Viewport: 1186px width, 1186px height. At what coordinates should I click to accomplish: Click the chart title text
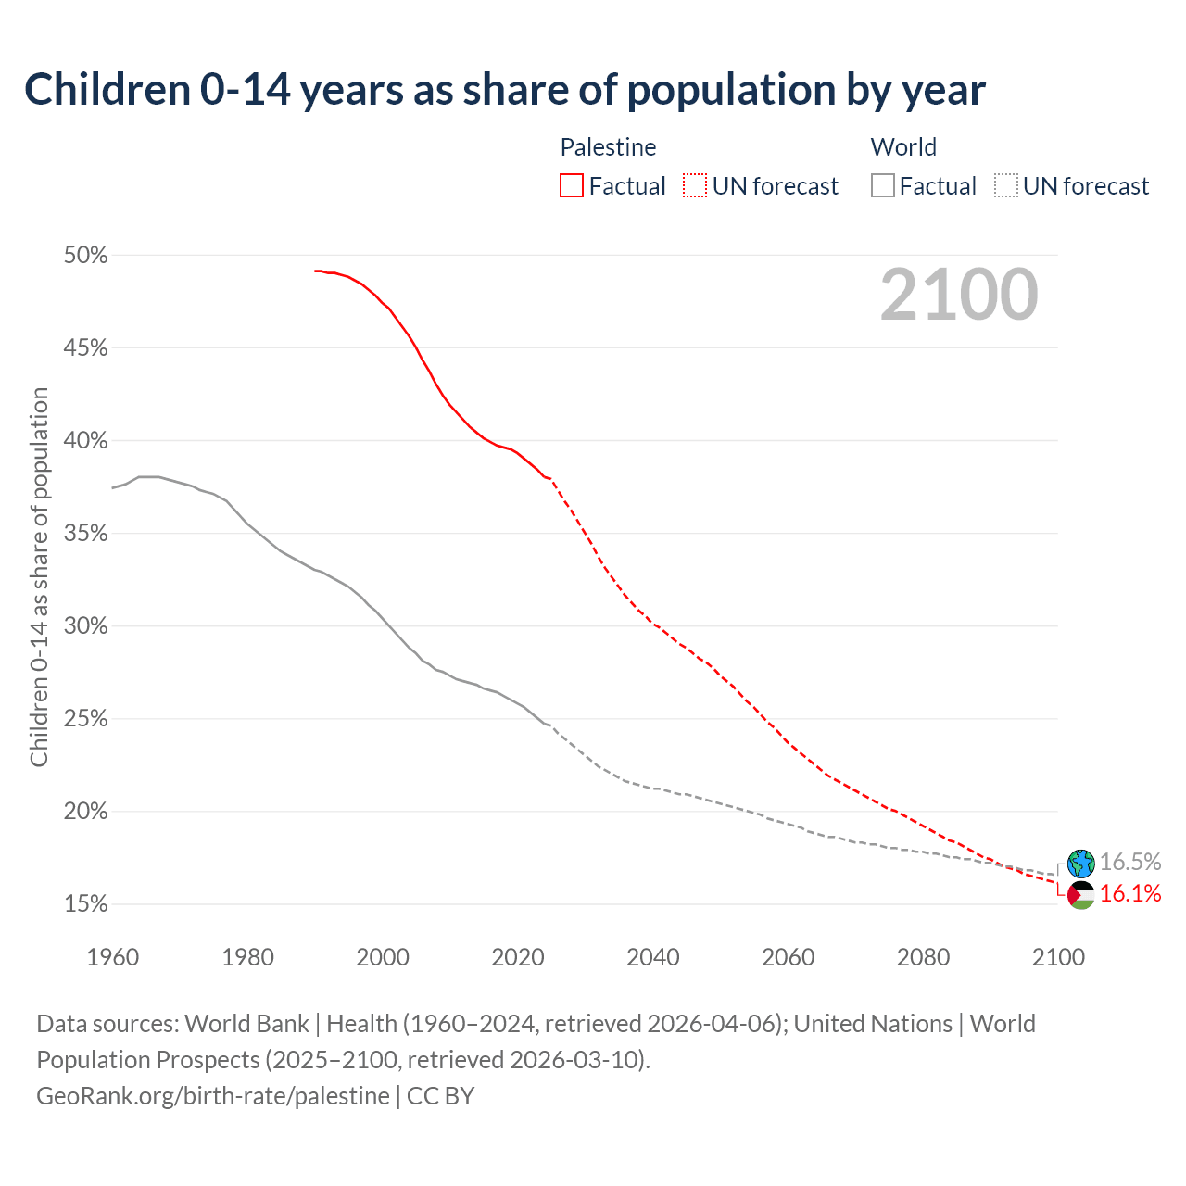[x=505, y=90]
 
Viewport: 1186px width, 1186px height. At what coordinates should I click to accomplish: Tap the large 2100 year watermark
[x=959, y=295]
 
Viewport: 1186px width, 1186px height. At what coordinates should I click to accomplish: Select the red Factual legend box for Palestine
[x=572, y=186]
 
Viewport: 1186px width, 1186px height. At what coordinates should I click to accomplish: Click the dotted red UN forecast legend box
[x=695, y=186]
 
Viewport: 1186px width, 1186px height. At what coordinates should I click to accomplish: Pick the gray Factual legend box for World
[x=883, y=186]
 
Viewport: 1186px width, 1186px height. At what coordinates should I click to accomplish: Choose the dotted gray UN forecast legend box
[x=1006, y=186]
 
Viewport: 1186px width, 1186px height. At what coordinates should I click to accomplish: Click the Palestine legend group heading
[x=608, y=147]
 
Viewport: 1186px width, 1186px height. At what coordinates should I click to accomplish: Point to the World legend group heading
[x=903, y=147]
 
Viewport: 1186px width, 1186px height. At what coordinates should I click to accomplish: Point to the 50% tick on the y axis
[x=86, y=255]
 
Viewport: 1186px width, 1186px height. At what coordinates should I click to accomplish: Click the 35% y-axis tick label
[x=86, y=534]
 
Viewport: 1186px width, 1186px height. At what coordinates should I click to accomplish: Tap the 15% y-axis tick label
[x=86, y=904]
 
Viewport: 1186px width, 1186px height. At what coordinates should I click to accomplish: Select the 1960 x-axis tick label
[x=113, y=957]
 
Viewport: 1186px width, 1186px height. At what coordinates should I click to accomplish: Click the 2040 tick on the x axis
[x=653, y=957]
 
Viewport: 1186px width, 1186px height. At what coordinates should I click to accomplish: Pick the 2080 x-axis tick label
[x=923, y=957]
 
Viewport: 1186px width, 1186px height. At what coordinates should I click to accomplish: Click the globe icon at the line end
[x=1081, y=864]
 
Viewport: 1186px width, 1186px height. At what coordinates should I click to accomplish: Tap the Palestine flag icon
[x=1081, y=895]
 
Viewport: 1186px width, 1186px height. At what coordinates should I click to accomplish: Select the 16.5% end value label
[x=1130, y=862]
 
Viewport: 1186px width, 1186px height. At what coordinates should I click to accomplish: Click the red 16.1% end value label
[x=1130, y=893]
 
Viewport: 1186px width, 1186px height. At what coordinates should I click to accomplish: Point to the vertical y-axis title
[x=39, y=577]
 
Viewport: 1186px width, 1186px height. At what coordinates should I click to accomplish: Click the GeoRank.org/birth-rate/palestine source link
[x=213, y=1096]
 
